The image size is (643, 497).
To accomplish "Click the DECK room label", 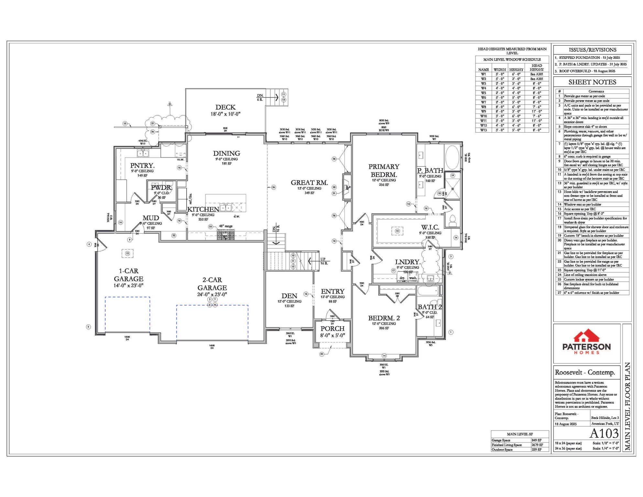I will [225, 107].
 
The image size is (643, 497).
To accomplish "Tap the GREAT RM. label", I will [309, 182].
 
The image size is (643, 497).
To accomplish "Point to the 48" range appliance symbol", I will [225, 235].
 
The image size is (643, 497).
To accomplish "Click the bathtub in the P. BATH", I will [452, 157].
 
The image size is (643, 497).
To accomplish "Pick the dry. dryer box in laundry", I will [402, 278].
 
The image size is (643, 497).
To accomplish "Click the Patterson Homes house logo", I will [586, 337].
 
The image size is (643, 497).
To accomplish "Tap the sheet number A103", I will [604, 433].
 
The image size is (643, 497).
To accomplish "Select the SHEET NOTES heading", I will [592, 82].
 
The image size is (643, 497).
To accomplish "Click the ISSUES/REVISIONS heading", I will [592, 50].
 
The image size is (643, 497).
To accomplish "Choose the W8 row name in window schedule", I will [483, 107].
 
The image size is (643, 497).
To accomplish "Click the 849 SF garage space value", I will [537, 440].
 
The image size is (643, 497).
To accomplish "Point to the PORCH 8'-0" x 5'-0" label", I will [332, 332].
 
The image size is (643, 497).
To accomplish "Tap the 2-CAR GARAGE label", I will [212, 284].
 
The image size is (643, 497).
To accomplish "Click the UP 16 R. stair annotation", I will [324, 261].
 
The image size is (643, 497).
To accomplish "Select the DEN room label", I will [289, 296].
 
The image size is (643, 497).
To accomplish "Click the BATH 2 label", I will [430, 307].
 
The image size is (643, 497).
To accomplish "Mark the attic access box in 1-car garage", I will [127, 253].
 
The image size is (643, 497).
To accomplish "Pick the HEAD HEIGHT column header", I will [537, 67].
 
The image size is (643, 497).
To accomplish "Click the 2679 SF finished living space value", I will [537, 445].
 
